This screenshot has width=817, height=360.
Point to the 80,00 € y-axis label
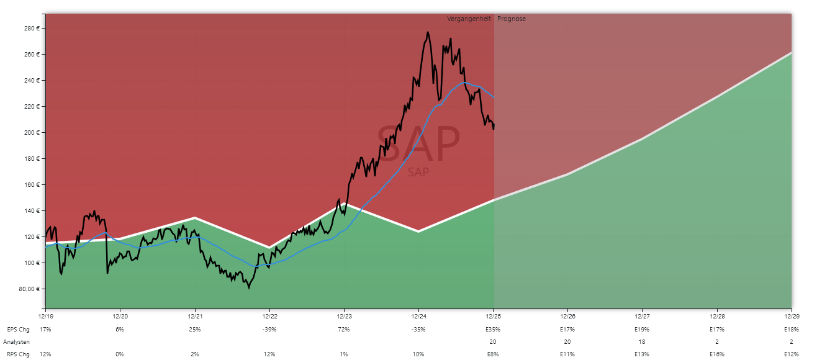(29, 289)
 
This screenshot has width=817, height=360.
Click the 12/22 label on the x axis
(269, 316)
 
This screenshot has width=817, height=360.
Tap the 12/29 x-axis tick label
(792, 316)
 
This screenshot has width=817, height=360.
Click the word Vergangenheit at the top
(469, 19)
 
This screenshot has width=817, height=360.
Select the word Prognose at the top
(512, 19)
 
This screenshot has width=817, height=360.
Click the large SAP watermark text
(418, 145)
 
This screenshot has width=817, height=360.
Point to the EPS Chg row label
(19, 329)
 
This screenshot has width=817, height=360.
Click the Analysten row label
(17, 342)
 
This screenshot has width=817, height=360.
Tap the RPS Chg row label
(19, 354)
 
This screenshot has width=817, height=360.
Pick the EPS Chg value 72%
(344, 329)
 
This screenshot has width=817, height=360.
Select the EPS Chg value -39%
(269, 329)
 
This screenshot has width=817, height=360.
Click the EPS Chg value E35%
(493, 329)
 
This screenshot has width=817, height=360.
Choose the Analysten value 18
(642, 342)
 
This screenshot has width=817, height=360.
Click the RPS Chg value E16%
(716, 354)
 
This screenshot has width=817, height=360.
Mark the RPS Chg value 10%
(418, 354)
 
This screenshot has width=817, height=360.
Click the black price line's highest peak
(428, 32)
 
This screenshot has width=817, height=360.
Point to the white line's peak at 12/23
(345, 204)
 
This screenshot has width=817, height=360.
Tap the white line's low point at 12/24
(418, 232)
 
